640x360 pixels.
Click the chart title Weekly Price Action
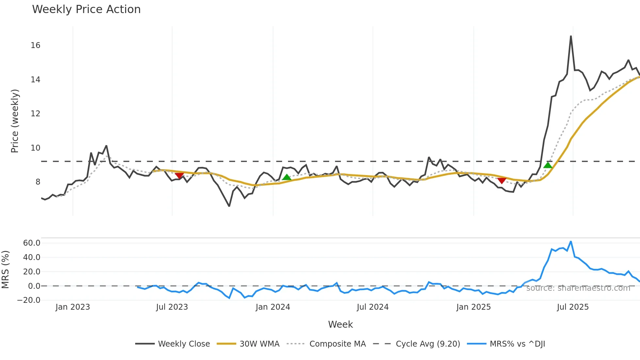pyautogui.click(x=86, y=9)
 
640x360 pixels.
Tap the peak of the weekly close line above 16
pyautogui.click(x=571, y=37)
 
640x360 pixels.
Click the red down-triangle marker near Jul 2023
pyautogui.click(x=179, y=176)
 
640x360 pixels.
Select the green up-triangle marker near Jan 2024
pyautogui.click(x=287, y=177)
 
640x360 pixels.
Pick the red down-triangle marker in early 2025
pyautogui.click(x=502, y=181)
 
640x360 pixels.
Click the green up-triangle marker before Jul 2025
pyautogui.click(x=548, y=165)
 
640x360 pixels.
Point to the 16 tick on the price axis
pyautogui.click(x=35, y=45)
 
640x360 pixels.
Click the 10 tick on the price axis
pyautogui.click(x=35, y=148)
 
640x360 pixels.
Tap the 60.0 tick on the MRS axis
pyautogui.click(x=32, y=243)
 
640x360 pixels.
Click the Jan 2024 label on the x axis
pyautogui.click(x=273, y=307)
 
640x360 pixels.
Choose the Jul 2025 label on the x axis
pyautogui.click(x=573, y=307)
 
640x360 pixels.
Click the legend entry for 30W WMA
pyautogui.click(x=259, y=344)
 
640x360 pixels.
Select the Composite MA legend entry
pyautogui.click(x=337, y=344)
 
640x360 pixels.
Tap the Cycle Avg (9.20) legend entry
pyautogui.click(x=427, y=344)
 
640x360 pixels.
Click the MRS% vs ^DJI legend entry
pyautogui.click(x=517, y=344)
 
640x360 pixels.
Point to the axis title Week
pyautogui.click(x=340, y=324)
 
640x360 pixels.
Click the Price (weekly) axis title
pyautogui.click(x=15, y=121)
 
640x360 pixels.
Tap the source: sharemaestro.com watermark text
pyautogui.click(x=578, y=288)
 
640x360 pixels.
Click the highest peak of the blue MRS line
pyautogui.click(x=570, y=242)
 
